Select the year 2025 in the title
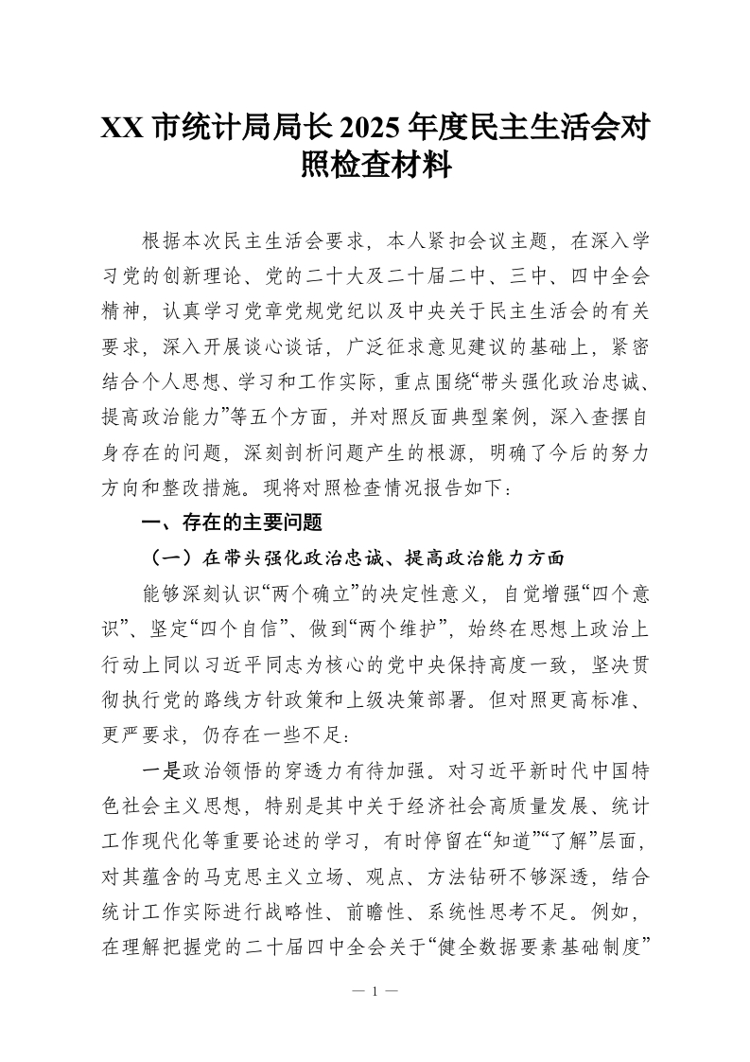[370, 128]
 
